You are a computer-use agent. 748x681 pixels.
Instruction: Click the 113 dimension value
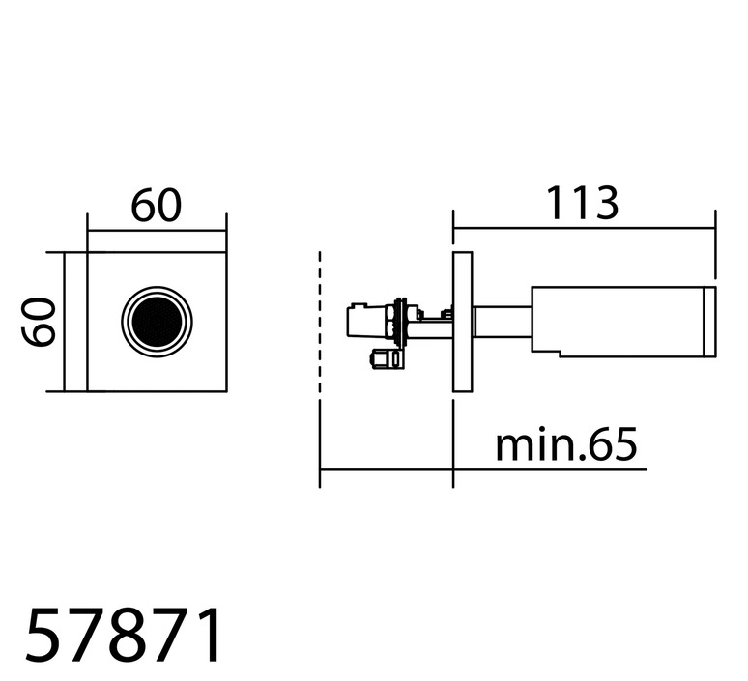click(582, 204)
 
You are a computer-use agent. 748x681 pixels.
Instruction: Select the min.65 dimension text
click(566, 444)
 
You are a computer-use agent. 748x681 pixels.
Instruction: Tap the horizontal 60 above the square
click(157, 206)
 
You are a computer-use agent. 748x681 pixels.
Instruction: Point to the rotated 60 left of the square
click(39, 322)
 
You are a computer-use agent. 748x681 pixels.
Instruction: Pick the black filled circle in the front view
click(157, 322)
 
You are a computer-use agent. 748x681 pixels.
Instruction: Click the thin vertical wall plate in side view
click(462, 322)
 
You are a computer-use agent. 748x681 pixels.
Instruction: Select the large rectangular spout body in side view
click(619, 322)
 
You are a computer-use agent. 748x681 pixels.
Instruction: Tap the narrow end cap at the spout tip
click(710, 322)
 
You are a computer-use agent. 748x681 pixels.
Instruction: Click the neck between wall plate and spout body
click(503, 322)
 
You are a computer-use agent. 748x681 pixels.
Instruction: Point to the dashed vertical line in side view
click(320, 322)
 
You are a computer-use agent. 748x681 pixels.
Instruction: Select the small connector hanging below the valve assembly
click(387, 359)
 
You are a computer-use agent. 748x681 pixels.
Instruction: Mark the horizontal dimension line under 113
click(585, 228)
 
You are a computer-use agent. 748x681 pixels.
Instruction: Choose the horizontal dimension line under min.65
click(483, 469)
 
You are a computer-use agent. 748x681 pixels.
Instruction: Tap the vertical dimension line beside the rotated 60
click(64, 322)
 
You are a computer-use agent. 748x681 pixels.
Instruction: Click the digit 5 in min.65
click(622, 444)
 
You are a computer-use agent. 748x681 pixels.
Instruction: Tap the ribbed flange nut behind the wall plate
click(399, 323)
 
